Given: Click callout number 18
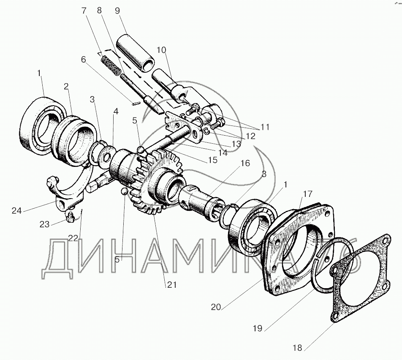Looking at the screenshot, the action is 297,348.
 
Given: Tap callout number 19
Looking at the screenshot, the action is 258,328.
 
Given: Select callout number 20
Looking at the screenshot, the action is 216,307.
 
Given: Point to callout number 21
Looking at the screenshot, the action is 171,284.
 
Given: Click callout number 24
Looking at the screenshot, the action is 16,210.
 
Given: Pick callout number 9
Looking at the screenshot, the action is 117,11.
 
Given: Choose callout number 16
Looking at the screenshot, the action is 245,163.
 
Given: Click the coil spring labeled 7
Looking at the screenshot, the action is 111,65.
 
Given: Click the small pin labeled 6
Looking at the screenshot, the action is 136,104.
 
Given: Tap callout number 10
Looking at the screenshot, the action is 161,50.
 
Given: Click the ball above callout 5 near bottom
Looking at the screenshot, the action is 124,191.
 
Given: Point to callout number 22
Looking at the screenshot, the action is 73,238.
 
